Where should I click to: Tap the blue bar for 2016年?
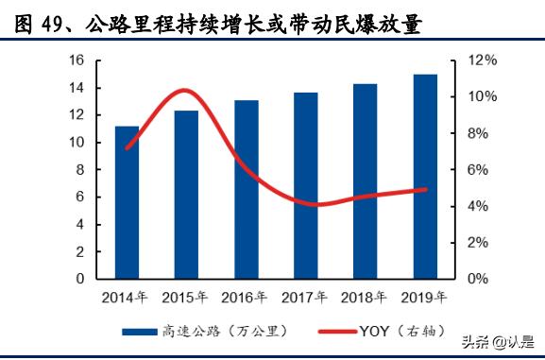click(246, 189)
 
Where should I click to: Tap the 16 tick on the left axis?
click(77, 60)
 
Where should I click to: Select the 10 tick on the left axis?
click(77, 143)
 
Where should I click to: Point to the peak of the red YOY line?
click(185, 91)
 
